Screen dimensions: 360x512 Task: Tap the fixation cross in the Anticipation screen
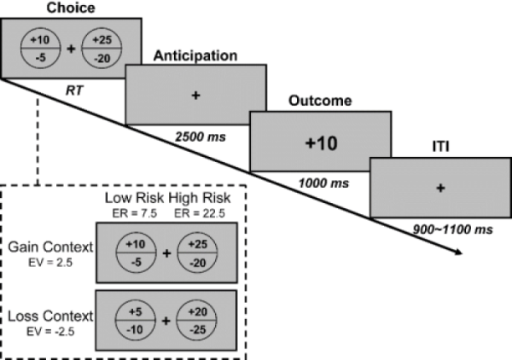pos(195,96)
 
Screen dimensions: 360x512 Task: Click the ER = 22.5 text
pos(190,211)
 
